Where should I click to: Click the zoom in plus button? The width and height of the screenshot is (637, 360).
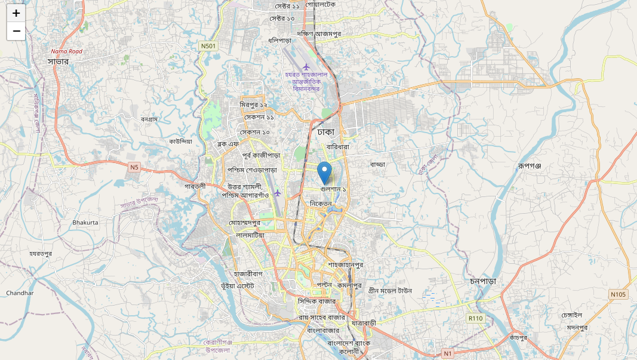coord(16,13)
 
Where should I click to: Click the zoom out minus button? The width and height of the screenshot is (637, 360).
coord(16,31)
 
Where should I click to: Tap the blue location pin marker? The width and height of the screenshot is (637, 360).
coord(324,173)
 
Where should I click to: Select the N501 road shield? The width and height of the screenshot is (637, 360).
coord(208,46)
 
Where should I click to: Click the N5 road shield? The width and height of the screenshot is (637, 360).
coord(134,168)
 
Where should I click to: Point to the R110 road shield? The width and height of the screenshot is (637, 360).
coord(475,318)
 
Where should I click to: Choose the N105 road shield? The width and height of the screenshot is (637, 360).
coord(618,294)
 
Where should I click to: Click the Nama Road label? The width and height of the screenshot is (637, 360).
coord(67,51)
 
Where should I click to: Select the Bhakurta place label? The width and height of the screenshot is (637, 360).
coord(85,223)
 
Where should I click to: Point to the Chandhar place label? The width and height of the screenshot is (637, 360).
coord(20,293)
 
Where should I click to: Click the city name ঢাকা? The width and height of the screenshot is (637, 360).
coord(325,131)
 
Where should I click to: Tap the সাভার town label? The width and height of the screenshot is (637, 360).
coord(59,61)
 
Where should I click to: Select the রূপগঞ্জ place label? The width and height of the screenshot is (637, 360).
coord(529,165)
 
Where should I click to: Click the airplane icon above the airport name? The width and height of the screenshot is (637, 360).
coord(307,66)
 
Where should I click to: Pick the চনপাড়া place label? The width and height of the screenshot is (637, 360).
coord(482,281)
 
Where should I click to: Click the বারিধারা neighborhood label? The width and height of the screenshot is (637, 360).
coord(337,146)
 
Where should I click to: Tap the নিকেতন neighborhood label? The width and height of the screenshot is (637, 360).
coord(321,204)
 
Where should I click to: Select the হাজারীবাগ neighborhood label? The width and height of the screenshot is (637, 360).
coord(248,274)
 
